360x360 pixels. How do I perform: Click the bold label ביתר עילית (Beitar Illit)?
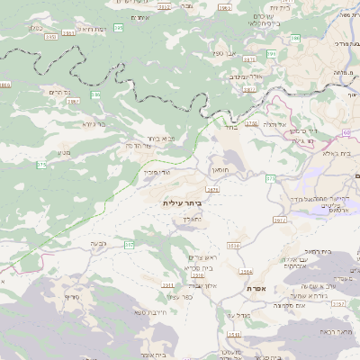[x=183, y=203]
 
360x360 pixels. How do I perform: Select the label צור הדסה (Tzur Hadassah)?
[x=142, y=145]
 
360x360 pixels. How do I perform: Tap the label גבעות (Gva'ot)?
[x=99, y=244]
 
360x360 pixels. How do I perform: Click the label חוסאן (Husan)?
[x=220, y=169]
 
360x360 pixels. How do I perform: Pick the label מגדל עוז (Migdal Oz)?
[x=238, y=314]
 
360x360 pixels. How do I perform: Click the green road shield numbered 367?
[x=129, y=243]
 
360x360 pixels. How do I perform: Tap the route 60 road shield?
[x=345, y=132]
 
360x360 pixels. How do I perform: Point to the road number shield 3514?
[x=246, y=270]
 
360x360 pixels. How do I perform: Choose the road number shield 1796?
[x=250, y=123]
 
